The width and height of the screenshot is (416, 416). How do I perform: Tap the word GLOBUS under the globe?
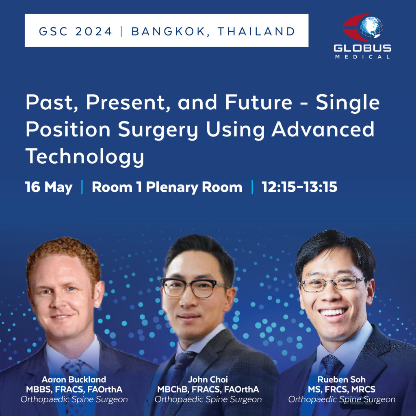362,48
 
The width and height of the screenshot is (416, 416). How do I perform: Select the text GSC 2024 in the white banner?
76,31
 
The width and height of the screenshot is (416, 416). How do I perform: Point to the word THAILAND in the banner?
256,31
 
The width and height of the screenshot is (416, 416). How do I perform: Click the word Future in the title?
258,102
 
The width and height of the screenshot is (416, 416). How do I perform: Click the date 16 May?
49,187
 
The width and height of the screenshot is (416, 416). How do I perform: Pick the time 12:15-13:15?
299,187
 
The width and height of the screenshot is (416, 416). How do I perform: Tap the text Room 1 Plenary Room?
167,187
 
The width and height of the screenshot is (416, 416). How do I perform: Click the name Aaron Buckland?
74,379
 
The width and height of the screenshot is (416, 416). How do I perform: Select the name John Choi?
208,379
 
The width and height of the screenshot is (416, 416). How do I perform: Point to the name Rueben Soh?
342,379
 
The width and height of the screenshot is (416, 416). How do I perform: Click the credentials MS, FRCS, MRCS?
342,390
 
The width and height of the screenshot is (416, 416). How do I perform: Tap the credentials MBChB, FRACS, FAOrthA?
208,390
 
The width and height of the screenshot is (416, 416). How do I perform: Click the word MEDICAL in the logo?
362,57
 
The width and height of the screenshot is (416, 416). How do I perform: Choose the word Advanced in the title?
323,130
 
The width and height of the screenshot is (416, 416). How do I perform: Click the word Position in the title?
68,130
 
